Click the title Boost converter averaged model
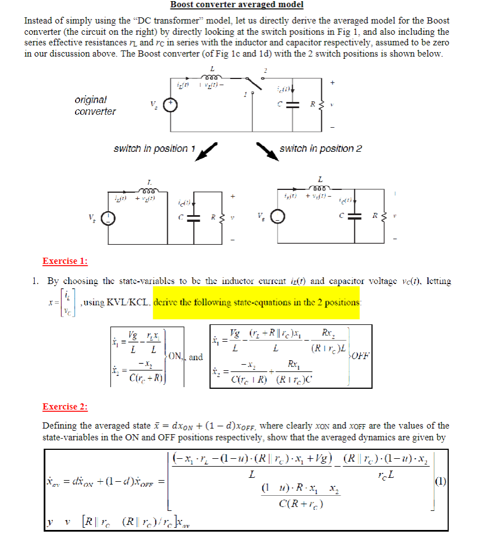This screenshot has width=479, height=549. coord(237,5)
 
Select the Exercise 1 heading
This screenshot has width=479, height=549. coord(65,261)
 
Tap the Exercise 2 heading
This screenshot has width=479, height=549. coord(65,407)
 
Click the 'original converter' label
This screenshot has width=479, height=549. coord(95,105)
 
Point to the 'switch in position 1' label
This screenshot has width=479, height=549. coord(154,148)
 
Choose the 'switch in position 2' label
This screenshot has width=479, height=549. coord(321,148)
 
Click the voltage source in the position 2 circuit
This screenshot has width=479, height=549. coord(276,217)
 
